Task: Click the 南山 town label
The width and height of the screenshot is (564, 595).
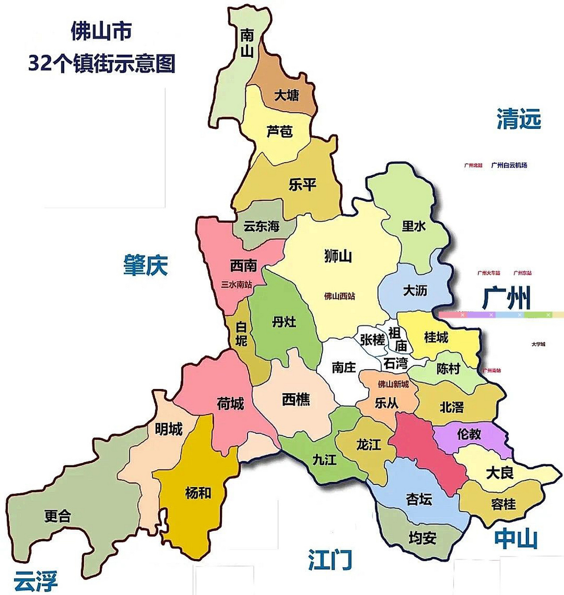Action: tap(247, 43)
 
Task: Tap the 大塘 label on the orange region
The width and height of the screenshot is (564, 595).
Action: tap(286, 96)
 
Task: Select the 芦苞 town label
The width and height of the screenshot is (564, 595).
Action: tap(280, 132)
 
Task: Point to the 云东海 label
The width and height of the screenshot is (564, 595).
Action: tap(262, 226)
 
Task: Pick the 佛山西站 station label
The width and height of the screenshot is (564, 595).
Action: tap(340, 296)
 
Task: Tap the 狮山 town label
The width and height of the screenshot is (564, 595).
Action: tap(338, 256)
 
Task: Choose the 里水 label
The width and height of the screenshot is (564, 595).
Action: tap(414, 226)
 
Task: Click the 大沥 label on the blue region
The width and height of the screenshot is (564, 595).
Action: tap(415, 291)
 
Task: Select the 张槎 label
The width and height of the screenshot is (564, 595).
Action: tap(372, 340)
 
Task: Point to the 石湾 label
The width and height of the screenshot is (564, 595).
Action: tap(396, 363)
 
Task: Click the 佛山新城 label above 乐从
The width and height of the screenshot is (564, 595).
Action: tap(393, 384)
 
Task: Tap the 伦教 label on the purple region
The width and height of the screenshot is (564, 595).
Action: tap(469, 434)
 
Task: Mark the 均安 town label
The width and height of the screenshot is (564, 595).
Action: tap(422, 538)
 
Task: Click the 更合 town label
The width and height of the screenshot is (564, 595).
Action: tap(57, 516)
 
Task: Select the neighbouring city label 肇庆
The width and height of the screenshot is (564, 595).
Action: tap(145, 265)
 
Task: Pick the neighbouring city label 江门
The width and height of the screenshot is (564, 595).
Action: tap(330, 560)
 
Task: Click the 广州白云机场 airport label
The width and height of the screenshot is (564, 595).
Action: tap(509, 165)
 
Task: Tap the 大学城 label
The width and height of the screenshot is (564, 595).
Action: tap(538, 344)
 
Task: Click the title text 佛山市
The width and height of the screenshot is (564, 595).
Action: tap(101, 32)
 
